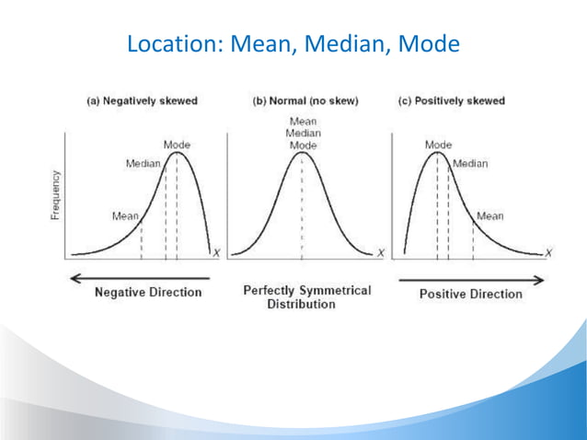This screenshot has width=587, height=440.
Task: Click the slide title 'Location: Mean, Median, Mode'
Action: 293,43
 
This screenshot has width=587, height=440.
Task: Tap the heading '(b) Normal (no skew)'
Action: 305,100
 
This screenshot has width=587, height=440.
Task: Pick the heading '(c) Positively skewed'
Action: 452,100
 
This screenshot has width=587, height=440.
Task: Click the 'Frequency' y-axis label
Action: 55,193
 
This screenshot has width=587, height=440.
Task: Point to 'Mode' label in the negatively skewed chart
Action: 178,145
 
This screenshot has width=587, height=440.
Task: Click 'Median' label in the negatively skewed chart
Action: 143,164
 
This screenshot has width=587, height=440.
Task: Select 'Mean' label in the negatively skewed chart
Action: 125,216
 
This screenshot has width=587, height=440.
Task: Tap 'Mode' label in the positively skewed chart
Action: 439,145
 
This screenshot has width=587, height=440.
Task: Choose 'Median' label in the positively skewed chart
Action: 470,164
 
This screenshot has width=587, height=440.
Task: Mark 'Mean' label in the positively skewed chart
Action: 490,216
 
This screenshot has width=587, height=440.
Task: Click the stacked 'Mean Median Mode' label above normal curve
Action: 303,133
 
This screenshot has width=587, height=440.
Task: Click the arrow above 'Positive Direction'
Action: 470,277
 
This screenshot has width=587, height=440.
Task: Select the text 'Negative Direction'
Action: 148,293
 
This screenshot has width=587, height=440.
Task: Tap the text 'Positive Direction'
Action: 470,294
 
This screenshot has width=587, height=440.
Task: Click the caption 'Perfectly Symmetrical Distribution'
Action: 307,296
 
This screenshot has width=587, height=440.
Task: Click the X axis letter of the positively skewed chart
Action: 548,252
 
